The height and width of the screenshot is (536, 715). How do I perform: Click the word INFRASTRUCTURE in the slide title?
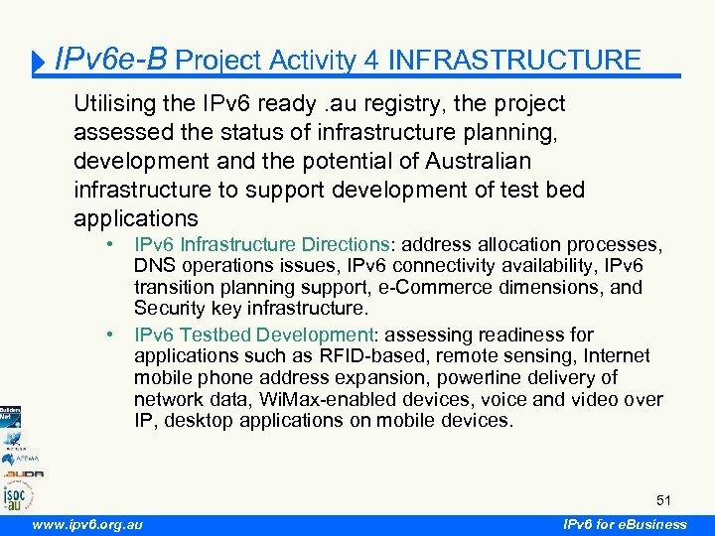pyautogui.click(x=514, y=60)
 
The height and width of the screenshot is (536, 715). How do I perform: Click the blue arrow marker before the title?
pyautogui.click(x=40, y=63)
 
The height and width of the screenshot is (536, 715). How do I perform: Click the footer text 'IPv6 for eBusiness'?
pyautogui.click(x=624, y=524)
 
